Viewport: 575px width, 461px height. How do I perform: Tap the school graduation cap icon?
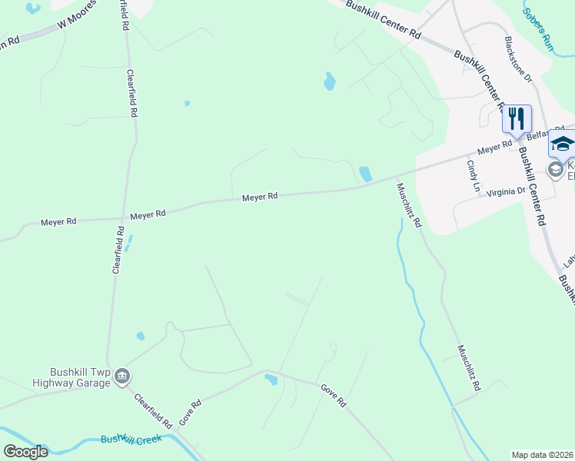tap(562, 144)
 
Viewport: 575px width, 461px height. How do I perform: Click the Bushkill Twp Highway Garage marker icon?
tap(122, 376)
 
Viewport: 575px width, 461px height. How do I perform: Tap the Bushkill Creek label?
tap(131, 440)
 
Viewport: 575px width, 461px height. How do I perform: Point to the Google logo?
tap(25, 452)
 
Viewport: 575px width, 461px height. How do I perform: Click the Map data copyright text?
tap(542, 455)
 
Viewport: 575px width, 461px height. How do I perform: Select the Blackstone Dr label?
tap(517, 59)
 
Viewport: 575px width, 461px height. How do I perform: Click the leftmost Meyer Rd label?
tap(59, 221)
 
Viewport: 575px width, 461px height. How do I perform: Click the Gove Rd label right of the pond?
tap(333, 396)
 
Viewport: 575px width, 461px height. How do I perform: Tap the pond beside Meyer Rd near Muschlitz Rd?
tap(365, 174)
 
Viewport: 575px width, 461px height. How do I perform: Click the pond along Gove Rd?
tap(271, 379)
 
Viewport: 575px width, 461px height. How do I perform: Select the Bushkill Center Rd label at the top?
tap(384, 19)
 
